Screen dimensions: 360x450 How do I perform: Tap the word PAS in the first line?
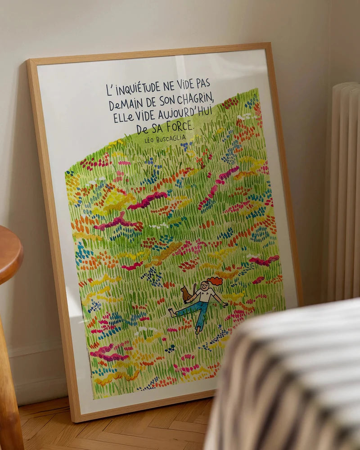pos(201,82)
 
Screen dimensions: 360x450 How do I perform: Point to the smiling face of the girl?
pos(206,286)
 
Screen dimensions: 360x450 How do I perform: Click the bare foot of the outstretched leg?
pos(172,312)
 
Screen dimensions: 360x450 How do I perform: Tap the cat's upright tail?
pos(194,287)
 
